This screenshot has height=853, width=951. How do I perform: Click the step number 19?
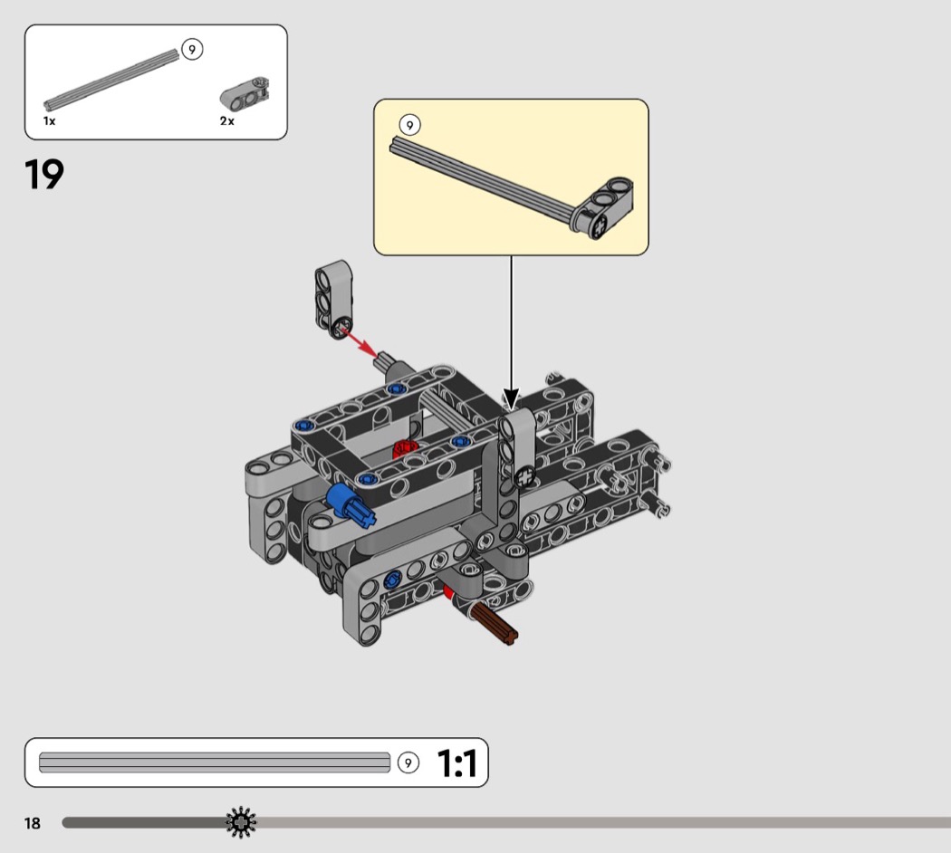click(44, 174)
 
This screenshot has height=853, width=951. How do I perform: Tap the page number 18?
click(32, 823)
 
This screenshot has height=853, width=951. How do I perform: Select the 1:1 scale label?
click(456, 762)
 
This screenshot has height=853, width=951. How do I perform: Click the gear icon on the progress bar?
click(241, 823)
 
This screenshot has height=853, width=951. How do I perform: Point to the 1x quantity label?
click(49, 121)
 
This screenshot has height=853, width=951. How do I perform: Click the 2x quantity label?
click(226, 121)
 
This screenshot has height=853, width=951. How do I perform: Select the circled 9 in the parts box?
click(192, 49)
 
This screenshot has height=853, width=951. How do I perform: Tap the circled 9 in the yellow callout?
click(410, 125)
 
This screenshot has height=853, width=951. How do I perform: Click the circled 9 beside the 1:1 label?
click(408, 762)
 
